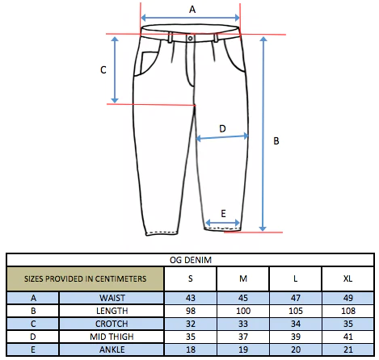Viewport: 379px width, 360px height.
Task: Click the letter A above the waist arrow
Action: (x=192, y=10)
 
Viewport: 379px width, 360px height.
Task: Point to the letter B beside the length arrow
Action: (x=276, y=140)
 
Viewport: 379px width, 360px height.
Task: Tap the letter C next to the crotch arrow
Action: (x=103, y=70)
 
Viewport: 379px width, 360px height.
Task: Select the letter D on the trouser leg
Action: (x=222, y=128)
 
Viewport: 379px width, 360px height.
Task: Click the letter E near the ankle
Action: (x=223, y=214)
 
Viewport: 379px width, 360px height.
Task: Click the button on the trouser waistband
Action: (x=190, y=38)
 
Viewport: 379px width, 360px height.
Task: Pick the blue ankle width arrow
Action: (x=222, y=223)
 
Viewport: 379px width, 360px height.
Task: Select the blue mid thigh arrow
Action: (x=222, y=137)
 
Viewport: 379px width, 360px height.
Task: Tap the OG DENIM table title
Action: (x=191, y=260)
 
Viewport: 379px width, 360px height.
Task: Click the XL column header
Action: (x=347, y=278)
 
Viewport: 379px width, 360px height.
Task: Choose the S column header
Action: (x=191, y=278)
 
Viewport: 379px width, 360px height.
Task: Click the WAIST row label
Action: (x=112, y=298)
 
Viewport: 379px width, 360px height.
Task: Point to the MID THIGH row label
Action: (x=112, y=337)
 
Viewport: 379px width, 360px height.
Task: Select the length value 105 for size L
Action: (x=296, y=311)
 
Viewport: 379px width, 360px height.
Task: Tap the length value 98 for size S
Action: (x=191, y=311)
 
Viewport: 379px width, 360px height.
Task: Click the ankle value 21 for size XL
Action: (x=348, y=350)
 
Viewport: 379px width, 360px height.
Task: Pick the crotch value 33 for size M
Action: (x=243, y=324)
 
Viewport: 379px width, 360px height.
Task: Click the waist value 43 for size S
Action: (x=191, y=298)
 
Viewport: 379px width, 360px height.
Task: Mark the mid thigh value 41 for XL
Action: (x=348, y=337)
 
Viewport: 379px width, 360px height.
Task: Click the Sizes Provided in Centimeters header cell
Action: (x=86, y=278)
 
